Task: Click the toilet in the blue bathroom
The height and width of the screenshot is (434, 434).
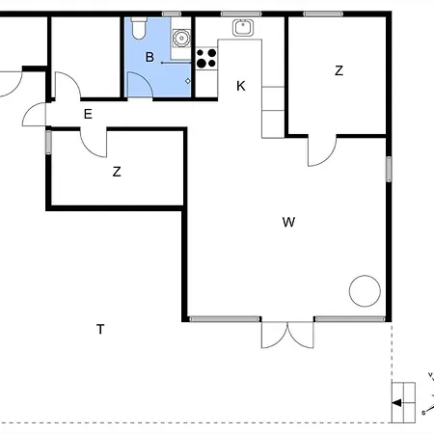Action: [x=139, y=28]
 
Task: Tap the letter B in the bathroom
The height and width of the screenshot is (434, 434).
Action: [x=149, y=57]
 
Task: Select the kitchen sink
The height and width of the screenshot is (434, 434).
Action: [x=243, y=28]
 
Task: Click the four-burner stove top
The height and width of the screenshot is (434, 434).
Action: [x=206, y=58]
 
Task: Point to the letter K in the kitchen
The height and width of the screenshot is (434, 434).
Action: [x=241, y=86]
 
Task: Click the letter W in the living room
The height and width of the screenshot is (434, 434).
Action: [x=288, y=222]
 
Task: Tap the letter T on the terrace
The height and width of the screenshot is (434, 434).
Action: [x=100, y=329]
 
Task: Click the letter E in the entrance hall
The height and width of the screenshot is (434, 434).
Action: [x=88, y=114]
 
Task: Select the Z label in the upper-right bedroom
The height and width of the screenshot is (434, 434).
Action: [x=339, y=70]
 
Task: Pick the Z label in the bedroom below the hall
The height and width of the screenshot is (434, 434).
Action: [x=117, y=172]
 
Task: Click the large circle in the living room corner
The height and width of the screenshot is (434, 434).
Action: [x=365, y=291]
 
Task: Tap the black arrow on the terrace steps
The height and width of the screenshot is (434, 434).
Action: [x=397, y=403]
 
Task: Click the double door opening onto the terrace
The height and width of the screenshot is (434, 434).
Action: [x=287, y=335]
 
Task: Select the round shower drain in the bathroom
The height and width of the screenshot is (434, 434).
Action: [x=181, y=38]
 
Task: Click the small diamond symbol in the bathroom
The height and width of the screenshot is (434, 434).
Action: [x=188, y=81]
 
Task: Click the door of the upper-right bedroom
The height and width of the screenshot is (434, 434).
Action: [x=322, y=151]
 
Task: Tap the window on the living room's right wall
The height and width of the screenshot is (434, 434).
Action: [x=389, y=169]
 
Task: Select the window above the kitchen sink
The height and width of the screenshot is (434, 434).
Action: [x=241, y=14]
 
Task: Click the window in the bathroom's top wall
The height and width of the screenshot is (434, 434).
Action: [x=172, y=14]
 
